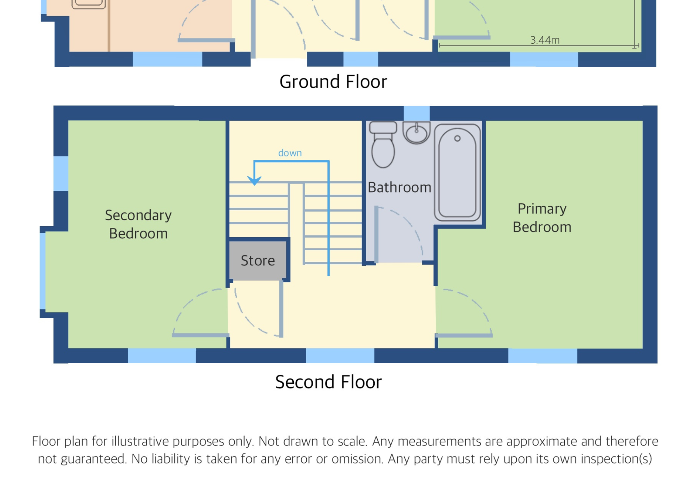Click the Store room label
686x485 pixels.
click(258, 261)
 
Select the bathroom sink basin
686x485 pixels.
click(417, 132)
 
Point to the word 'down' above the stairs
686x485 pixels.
click(290, 153)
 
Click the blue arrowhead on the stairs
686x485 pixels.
click(254, 180)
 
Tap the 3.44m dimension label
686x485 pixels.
click(545, 40)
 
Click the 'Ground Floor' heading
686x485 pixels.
click(333, 82)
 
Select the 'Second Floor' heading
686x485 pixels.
click(328, 382)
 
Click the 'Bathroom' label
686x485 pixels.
click(399, 187)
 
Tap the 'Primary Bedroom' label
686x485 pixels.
click(542, 218)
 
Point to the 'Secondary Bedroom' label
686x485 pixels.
click(138, 224)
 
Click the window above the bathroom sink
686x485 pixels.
click(417, 113)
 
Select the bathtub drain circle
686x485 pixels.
click(457, 138)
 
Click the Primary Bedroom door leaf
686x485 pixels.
click(464, 336)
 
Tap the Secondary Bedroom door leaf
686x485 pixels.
click(201, 335)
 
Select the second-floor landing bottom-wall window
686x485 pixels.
click(340, 356)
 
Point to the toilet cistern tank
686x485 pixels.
click(383, 128)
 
